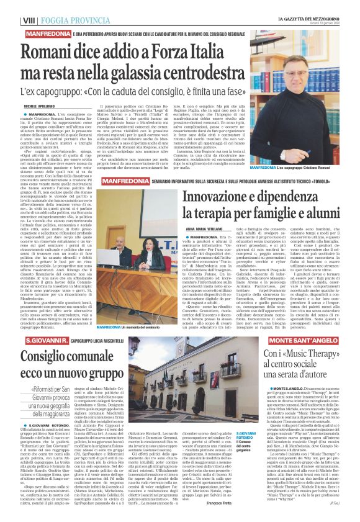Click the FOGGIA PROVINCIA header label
point(65,20)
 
